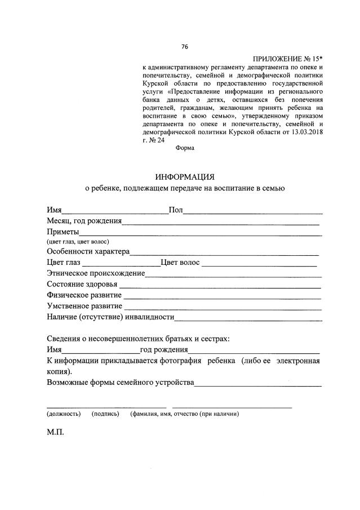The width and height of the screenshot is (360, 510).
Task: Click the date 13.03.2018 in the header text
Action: pos(305,131)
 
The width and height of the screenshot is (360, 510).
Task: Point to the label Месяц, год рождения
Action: pos(85,221)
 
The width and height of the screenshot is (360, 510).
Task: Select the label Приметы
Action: pos(63,231)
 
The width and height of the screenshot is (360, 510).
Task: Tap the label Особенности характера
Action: pos(88,251)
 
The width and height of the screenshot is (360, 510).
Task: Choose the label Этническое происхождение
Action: pos(96,273)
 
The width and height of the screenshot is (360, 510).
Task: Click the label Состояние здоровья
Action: pos(82,284)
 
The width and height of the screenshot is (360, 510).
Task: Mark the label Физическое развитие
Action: pos(84,295)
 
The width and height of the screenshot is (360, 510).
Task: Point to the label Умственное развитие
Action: pos(85,306)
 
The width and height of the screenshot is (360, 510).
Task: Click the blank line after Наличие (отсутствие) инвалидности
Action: pos(248,319)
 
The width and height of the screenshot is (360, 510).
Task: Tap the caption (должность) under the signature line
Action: pos(63,414)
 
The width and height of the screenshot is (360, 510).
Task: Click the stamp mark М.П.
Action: pos(56,434)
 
